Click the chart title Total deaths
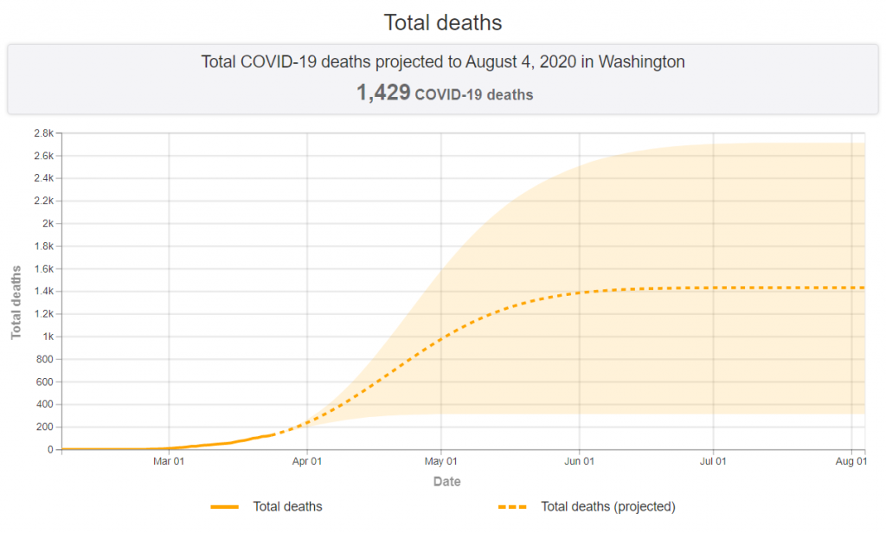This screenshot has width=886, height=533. pos(442,22)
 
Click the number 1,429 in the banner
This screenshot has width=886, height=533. pos(382,93)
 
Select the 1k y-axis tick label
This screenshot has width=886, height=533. pos(48,337)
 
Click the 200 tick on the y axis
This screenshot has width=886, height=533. pos(44,427)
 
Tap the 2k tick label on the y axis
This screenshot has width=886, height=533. pos(48,223)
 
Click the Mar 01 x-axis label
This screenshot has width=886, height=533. pos(169,462)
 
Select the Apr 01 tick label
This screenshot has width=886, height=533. pos(307,462)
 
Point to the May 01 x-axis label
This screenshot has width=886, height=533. pos(441,462)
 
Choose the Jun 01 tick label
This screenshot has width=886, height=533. pos(579,462)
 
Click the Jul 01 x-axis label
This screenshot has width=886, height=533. pos(713,462)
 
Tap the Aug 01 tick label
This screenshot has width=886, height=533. pos(851,462)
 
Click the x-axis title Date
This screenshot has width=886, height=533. pos(446,481)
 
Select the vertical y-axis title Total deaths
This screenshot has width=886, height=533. pos(16,302)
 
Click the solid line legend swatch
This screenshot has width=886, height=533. pos(224,507)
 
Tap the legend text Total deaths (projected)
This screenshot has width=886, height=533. pos(607,507)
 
